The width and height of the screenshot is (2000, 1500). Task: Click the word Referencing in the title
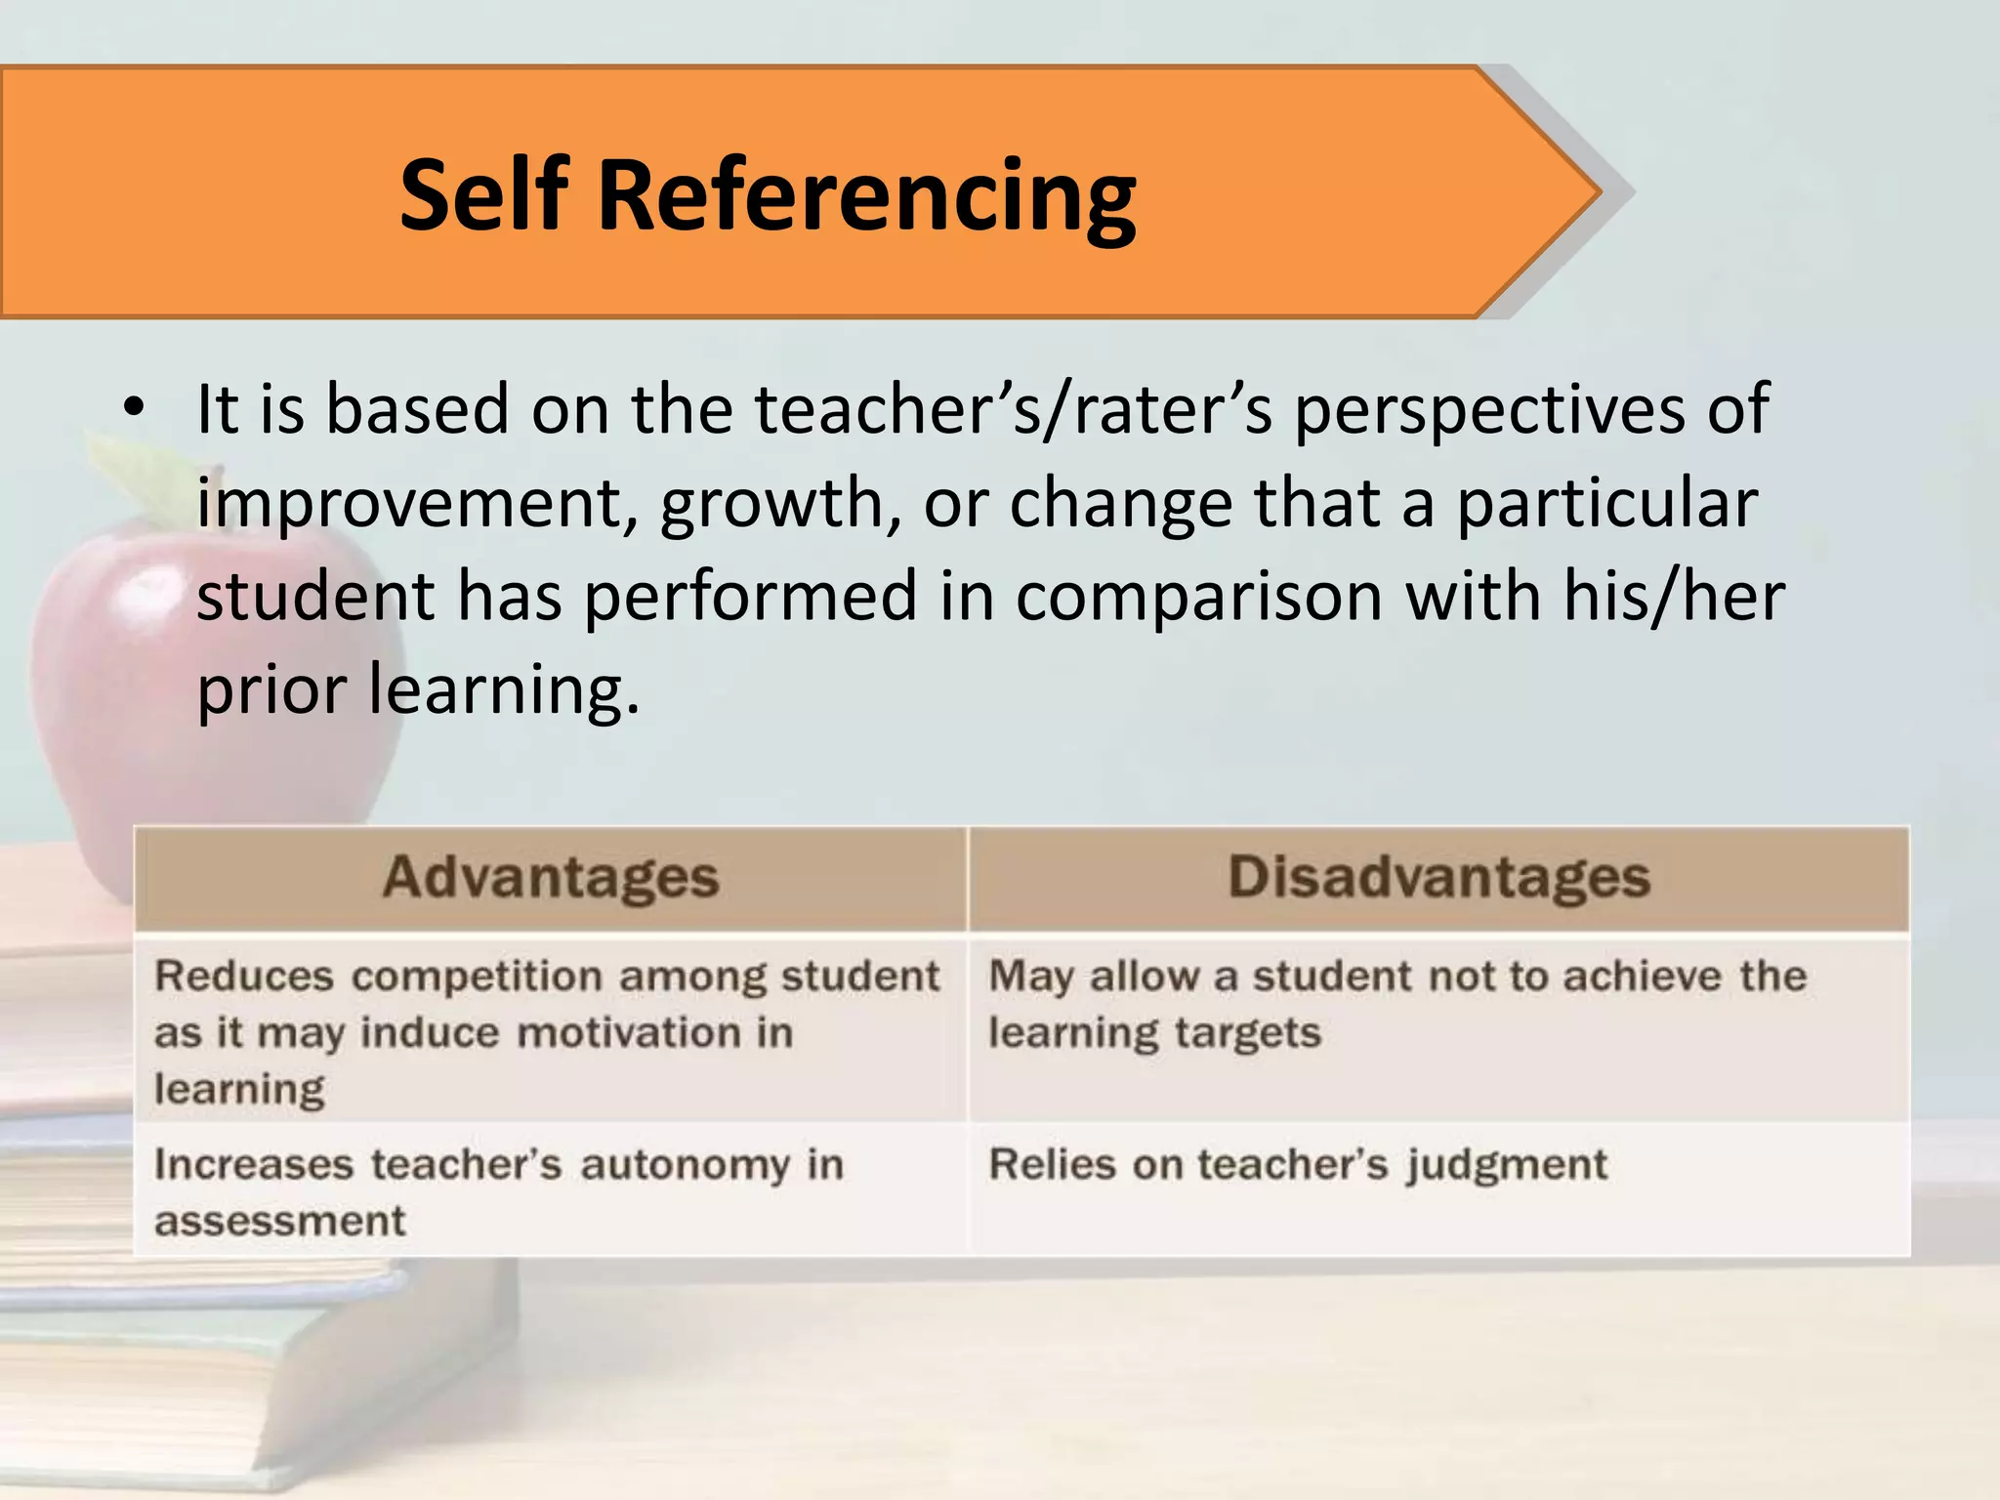[866, 197]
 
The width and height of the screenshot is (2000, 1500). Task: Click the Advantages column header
[551, 877]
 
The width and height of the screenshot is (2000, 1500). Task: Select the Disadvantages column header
[1438, 877]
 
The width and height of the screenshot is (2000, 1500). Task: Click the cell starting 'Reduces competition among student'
[547, 1030]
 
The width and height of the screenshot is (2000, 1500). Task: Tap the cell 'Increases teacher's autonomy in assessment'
[498, 1191]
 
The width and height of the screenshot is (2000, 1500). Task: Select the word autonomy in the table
[685, 1165]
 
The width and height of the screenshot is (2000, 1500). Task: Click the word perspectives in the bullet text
[1488, 410]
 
